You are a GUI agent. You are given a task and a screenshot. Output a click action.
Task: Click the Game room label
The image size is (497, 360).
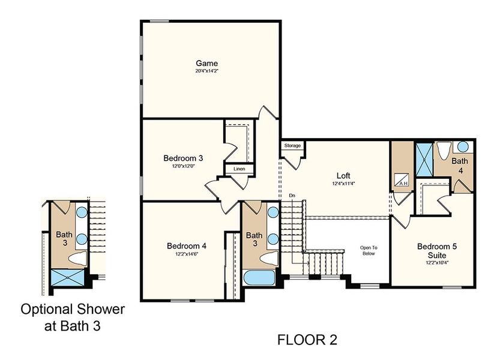(x=207, y=63)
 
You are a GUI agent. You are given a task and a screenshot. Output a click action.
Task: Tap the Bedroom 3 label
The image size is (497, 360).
(x=184, y=158)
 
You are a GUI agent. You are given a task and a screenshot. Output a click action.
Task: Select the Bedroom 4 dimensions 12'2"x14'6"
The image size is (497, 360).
(x=187, y=254)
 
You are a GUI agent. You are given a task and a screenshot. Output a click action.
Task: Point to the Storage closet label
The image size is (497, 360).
(x=292, y=146)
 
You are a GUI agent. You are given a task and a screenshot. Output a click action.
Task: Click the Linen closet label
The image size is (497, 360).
(x=239, y=170)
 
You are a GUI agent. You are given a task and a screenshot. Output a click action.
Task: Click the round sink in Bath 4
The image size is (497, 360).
(x=464, y=146)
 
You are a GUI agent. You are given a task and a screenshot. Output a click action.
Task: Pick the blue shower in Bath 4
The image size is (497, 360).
(x=424, y=158)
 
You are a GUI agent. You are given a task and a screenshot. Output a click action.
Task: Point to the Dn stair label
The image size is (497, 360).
(x=292, y=196)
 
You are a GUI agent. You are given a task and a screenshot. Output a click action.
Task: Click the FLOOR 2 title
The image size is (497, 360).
(x=307, y=340)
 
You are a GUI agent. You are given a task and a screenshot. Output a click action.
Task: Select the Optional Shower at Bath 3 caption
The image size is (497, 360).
(x=73, y=318)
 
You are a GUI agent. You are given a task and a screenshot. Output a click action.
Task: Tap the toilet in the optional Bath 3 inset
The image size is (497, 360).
(x=78, y=259)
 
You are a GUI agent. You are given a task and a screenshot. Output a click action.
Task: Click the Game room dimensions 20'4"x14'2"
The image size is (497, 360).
(x=207, y=71)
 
